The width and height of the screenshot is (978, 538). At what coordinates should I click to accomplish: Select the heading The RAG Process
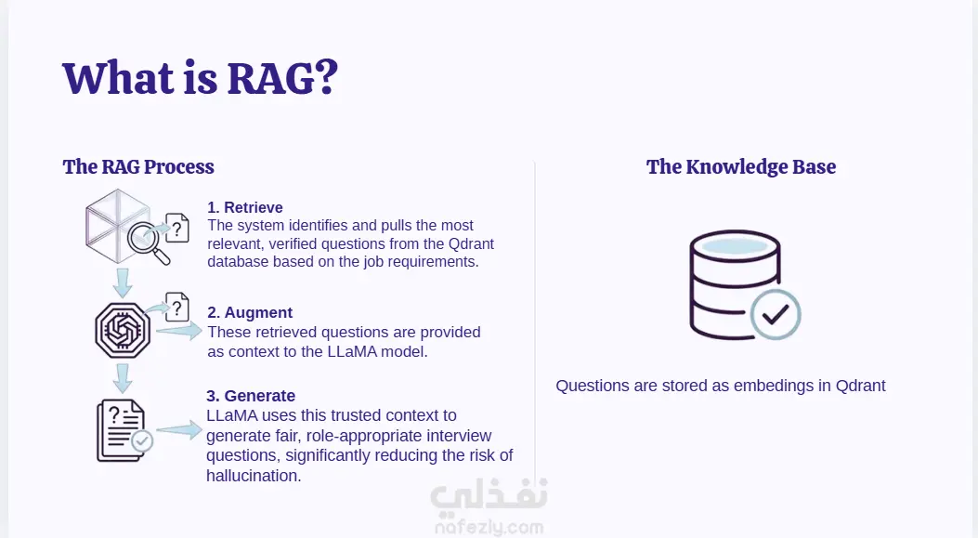pyautogui.click(x=138, y=166)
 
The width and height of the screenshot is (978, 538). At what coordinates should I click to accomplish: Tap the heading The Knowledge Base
pyautogui.click(x=741, y=166)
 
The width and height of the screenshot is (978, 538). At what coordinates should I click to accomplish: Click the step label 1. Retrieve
pyautogui.click(x=245, y=207)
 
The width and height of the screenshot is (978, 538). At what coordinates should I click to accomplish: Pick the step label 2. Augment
pyautogui.click(x=250, y=312)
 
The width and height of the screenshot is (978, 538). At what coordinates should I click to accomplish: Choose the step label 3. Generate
pyautogui.click(x=251, y=396)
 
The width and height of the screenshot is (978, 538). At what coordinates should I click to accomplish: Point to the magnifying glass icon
pyautogui.click(x=149, y=243)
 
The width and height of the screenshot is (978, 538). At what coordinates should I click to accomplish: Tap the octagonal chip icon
pyautogui.click(x=123, y=330)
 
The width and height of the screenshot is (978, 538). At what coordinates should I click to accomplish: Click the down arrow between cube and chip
pyautogui.click(x=123, y=282)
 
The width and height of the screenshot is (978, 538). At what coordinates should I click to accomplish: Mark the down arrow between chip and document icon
pyautogui.click(x=123, y=378)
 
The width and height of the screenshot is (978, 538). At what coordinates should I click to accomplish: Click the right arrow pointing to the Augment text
pyautogui.click(x=179, y=331)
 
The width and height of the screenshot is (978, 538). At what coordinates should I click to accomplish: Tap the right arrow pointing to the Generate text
pyautogui.click(x=179, y=429)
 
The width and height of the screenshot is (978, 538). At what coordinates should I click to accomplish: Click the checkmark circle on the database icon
pyautogui.click(x=776, y=314)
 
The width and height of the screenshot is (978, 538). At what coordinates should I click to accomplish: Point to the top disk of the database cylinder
pyautogui.click(x=735, y=245)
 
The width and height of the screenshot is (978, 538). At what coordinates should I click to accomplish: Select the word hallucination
pyautogui.click(x=254, y=476)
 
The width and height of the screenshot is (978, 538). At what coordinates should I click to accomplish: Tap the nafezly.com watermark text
pyautogui.click(x=489, y=528)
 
